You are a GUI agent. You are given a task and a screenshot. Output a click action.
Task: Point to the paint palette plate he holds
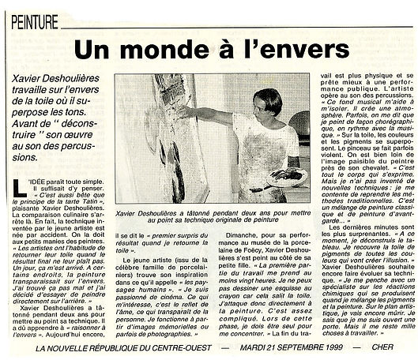pyautogui.click(x=284, y=175)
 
